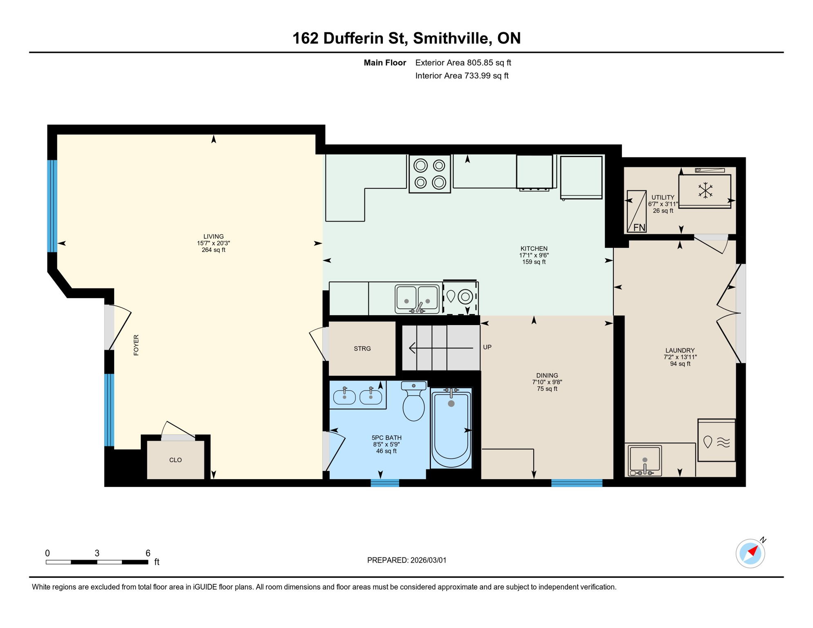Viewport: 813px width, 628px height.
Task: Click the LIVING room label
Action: click(x=213, y=237)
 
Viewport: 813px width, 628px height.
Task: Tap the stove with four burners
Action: click(x=429, y=174)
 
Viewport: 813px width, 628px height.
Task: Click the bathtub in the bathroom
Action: click(x=451, y=427)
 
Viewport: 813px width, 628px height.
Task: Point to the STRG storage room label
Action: click(x=362, y=349)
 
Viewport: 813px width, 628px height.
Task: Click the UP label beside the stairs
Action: click(x=487, y=347)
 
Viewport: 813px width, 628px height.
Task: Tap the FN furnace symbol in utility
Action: click(x=639, y=227)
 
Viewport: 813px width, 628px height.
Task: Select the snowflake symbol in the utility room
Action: click(x=705, y=191)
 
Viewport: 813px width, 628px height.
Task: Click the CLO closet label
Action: click(x=175, y=460)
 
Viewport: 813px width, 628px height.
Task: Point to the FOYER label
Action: click(x=136, y=345)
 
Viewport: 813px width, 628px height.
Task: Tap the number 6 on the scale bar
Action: click(x=148, y=553)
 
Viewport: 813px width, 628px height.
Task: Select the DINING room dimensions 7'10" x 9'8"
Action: click(x=547, y=382)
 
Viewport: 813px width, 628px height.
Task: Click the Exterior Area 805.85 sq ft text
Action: click(x=463, y=63)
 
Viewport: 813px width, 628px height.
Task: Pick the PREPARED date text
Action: click(x=406, y=560)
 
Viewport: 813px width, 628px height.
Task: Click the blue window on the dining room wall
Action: click(x=577, y=483)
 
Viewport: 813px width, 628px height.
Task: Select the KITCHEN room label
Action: click(x=534, y=249)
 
